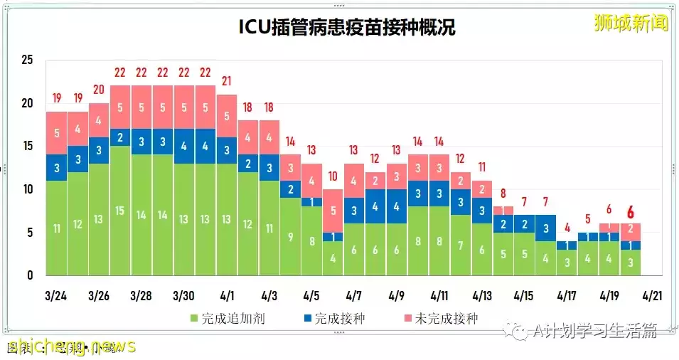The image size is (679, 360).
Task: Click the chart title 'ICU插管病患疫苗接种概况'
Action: (346, 28)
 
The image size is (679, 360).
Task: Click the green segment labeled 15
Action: (120, 211)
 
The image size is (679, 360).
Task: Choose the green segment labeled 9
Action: (290, 237)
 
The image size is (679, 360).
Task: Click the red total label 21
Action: (227, 81)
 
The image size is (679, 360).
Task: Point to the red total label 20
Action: (99, 90)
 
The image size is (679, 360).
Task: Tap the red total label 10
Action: (333, 176)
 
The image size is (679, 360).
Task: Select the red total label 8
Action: (503, 193)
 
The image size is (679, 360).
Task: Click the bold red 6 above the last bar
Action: (630, 211)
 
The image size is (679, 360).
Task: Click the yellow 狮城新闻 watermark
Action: (631, 23)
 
